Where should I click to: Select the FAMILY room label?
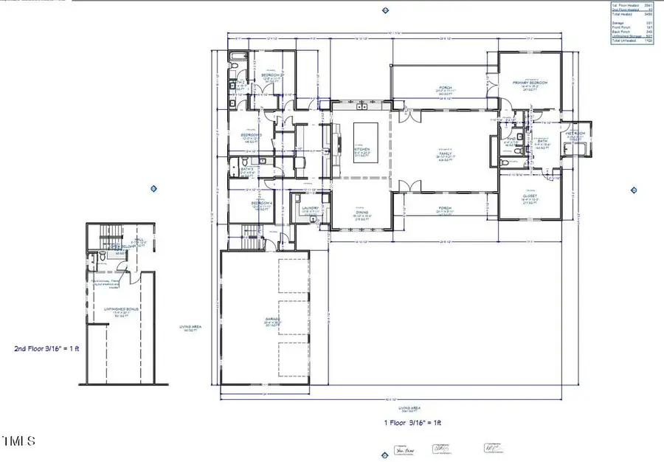446,154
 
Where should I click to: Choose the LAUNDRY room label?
310,208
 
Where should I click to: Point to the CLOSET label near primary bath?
530,196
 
